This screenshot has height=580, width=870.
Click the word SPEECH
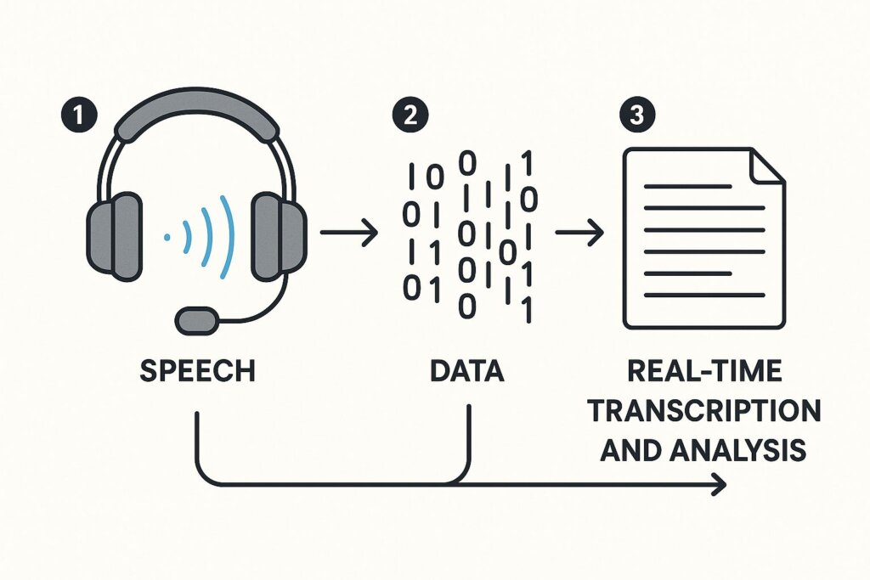(196, 372)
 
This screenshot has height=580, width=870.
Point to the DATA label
(466, 372)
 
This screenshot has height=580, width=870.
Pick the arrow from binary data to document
(578, 232)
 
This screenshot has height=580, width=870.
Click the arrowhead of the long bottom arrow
(720, 485)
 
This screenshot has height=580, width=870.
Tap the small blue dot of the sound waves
(167, 237)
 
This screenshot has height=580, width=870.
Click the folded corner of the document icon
(766, 168)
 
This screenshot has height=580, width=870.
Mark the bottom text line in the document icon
(704, 295)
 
